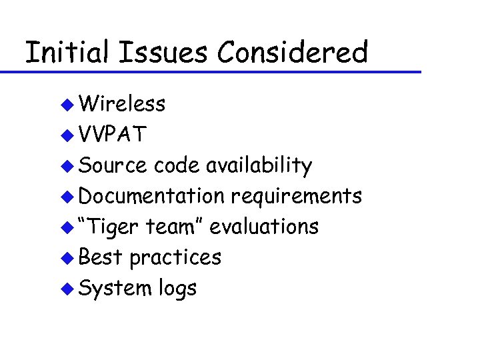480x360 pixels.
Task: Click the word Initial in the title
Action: [65, 52]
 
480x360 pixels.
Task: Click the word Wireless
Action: [122, 104]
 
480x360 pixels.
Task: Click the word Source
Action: [112, 165]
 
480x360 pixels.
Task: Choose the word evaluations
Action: [264, 227]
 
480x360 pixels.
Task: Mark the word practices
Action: [175, 258]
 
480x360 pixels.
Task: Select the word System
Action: [115, 289]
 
